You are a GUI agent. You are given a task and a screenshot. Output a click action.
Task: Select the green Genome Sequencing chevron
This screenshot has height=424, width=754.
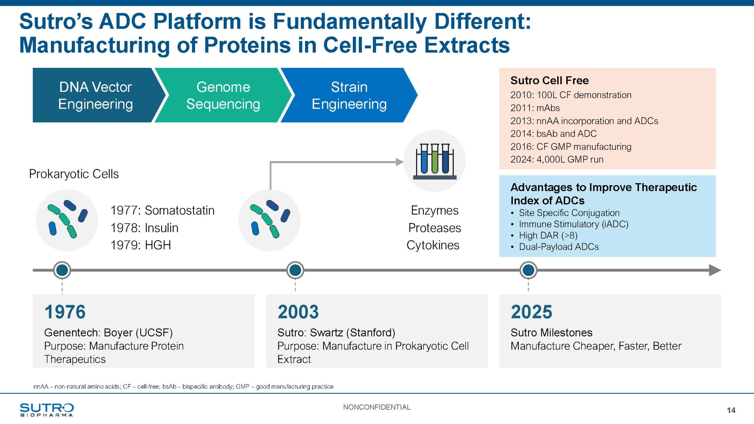tap(223, 95)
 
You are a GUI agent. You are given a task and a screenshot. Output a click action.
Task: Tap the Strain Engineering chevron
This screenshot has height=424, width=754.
tap(349, 95)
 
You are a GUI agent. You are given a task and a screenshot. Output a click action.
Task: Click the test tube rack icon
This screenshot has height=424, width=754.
tap(434, 161)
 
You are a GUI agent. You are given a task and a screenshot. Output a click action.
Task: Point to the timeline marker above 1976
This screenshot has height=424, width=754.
tap(62, 270)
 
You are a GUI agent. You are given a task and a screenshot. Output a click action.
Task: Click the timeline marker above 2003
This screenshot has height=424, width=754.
tap(295, 270)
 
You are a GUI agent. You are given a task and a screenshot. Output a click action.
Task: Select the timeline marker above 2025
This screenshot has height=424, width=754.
tap(528, 270)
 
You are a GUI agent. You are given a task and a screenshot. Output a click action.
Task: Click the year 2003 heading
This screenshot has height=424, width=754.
tap(298, 312)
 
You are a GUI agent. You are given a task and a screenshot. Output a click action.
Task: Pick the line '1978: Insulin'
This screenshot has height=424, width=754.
tap(144, 228)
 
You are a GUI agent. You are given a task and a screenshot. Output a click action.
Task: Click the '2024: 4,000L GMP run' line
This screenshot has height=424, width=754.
tap(557, 159)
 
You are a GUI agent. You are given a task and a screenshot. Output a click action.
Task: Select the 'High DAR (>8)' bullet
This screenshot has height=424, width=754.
tap(548, 235)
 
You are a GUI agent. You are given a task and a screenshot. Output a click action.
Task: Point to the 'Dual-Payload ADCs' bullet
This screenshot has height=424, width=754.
tap(558, 247)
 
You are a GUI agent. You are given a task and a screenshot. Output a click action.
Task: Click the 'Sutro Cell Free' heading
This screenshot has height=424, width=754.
tap(549, 80)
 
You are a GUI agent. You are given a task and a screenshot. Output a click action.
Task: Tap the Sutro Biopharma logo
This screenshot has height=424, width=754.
tap(47, 410)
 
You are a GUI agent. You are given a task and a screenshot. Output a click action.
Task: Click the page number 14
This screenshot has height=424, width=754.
tap(731, 410)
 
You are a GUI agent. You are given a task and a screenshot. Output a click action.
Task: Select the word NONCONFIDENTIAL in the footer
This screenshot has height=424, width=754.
tap(377, 407)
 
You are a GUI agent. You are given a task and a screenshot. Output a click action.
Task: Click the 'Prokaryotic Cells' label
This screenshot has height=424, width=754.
tap(74, 174)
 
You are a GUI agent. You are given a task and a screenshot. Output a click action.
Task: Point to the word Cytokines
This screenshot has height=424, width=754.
tap(433, 245)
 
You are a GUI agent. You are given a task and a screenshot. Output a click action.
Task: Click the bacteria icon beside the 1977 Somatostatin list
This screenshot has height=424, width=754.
tap(67, 220)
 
